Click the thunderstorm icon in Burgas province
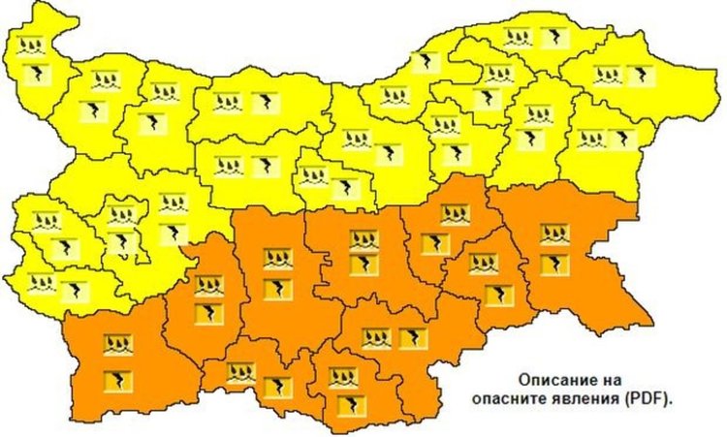click(554, 265)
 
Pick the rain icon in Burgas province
click(554, 234)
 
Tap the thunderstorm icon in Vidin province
click(36, 74)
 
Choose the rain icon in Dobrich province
click(608, 75)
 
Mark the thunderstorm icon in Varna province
click(620, 139)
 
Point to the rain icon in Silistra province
click(518, 39)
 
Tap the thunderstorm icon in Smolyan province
click(277, 387)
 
